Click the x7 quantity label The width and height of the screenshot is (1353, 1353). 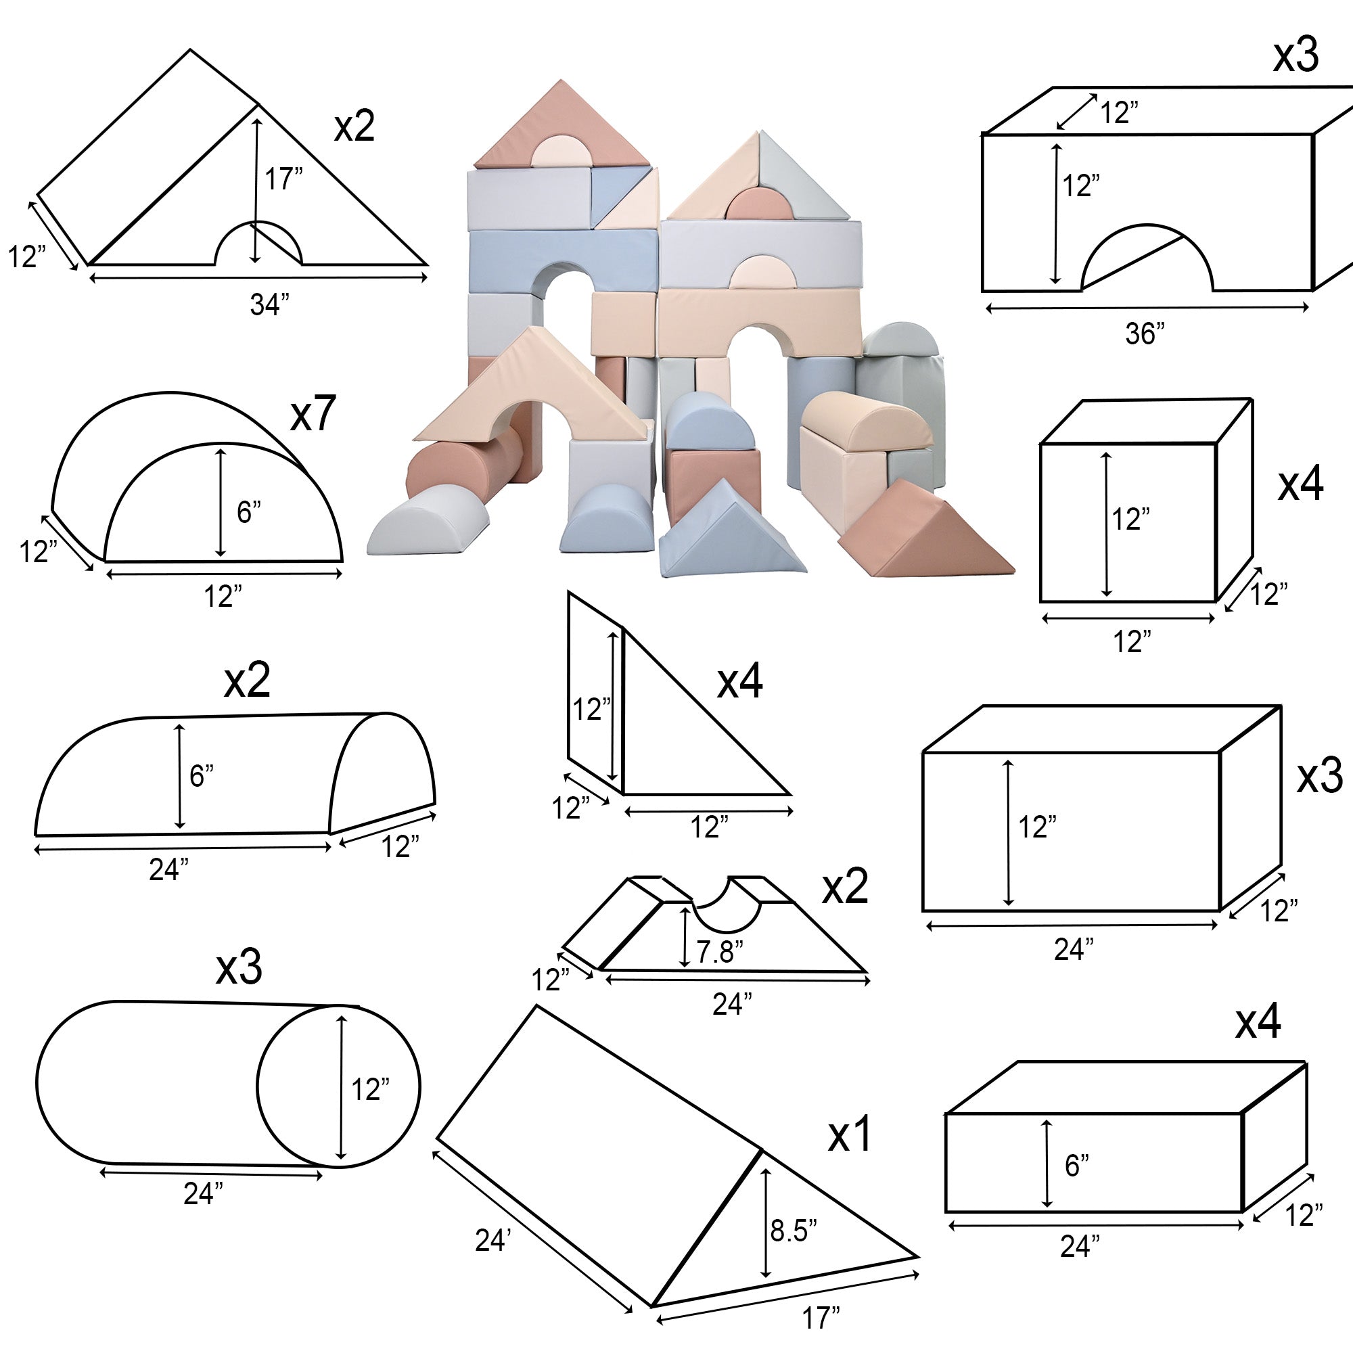(313, 413)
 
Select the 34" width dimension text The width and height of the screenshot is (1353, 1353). (270, 304)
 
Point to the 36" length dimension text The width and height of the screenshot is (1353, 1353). (1145, 334)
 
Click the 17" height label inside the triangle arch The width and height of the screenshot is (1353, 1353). (283, 179)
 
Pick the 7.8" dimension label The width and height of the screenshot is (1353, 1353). (719, 952)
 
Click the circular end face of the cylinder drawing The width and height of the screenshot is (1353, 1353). (339, 1086)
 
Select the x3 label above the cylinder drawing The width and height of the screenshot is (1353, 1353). (239, 967)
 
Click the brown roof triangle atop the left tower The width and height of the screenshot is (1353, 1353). (560, 126)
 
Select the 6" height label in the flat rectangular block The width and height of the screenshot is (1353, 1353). (1076, 1166)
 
